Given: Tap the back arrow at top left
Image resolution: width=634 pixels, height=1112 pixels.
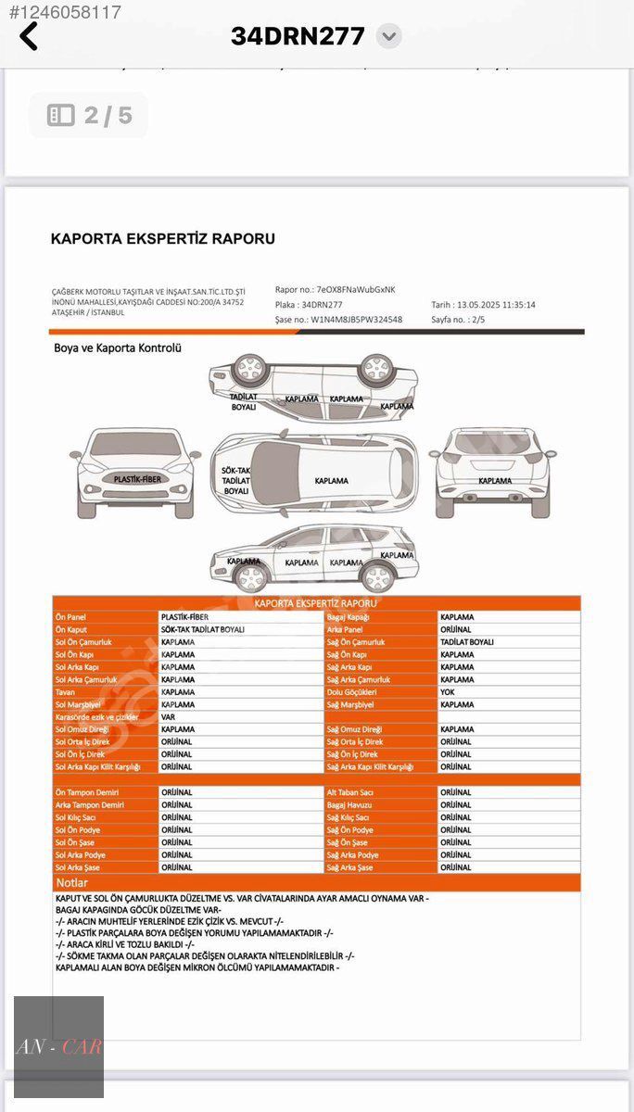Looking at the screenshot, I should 29,37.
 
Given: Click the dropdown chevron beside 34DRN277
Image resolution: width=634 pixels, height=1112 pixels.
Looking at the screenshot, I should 389,37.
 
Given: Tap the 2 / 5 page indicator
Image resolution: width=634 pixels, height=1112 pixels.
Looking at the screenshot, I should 89,116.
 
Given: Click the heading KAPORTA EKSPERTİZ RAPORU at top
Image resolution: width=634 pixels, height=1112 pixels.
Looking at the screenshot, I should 162,239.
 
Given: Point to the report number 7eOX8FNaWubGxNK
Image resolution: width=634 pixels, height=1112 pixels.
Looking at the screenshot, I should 356,290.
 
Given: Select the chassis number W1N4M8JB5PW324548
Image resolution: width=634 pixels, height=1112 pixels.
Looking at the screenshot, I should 356,320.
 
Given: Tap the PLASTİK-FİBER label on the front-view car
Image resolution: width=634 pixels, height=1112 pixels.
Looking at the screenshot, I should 137,479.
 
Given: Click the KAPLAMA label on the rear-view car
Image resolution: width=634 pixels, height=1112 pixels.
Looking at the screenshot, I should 496,481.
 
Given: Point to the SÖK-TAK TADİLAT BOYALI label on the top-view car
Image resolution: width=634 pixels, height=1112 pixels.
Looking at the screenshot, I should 236,481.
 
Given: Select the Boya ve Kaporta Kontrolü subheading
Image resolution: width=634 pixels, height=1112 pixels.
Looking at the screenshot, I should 117,348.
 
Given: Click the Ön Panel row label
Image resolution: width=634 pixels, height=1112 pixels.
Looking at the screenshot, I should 70,617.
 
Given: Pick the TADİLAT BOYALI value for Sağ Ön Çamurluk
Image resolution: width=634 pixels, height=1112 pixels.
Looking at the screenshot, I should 467,642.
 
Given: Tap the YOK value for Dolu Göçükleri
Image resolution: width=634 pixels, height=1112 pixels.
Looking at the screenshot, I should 448,692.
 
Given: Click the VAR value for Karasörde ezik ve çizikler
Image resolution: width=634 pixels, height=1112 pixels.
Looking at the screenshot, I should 168,717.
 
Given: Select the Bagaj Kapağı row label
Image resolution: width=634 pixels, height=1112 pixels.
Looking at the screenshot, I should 349,617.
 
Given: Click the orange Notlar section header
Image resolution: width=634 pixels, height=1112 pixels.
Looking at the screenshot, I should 72,883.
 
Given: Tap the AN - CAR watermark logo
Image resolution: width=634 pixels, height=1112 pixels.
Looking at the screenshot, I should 58,1048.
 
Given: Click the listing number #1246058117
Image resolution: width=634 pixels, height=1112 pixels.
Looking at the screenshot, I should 65,13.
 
